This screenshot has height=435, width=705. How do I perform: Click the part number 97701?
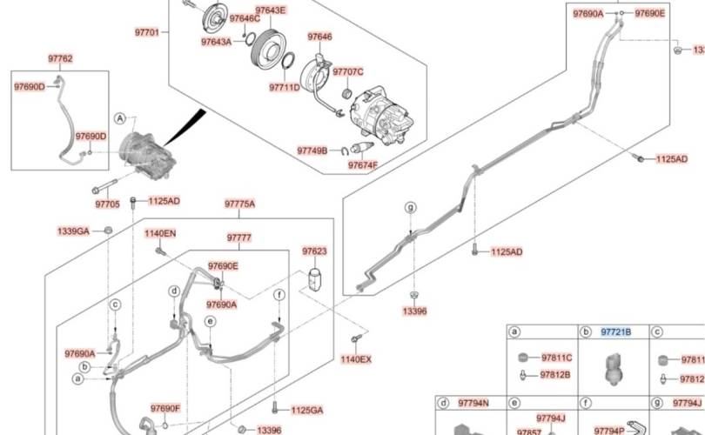(147, 32)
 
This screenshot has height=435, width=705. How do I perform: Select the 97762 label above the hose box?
(60, 59)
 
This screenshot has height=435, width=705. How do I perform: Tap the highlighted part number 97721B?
(616, 333)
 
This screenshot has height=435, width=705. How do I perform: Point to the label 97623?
(314, 251)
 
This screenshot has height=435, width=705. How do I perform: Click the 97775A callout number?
(239, 204)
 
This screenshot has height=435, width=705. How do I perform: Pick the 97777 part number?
(239, 238)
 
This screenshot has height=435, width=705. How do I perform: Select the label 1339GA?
(73, 231)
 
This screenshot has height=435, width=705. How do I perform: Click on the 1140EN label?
(160, 233)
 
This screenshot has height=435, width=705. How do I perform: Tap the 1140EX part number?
(355, 359)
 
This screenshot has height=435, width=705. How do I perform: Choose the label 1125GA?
(306, 410)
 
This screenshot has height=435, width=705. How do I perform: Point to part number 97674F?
(363, 165)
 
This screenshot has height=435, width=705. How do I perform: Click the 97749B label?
(312, 151)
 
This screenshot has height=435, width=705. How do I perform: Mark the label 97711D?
(284, 87)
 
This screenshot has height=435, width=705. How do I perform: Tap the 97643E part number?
(271, 10)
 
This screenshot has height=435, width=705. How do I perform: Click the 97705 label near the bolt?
(107, 204)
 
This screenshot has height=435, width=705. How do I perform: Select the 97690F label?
(164, 408)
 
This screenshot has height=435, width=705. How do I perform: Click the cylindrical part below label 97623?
(315, 281)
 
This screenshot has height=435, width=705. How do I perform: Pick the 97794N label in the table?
(473, 403)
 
